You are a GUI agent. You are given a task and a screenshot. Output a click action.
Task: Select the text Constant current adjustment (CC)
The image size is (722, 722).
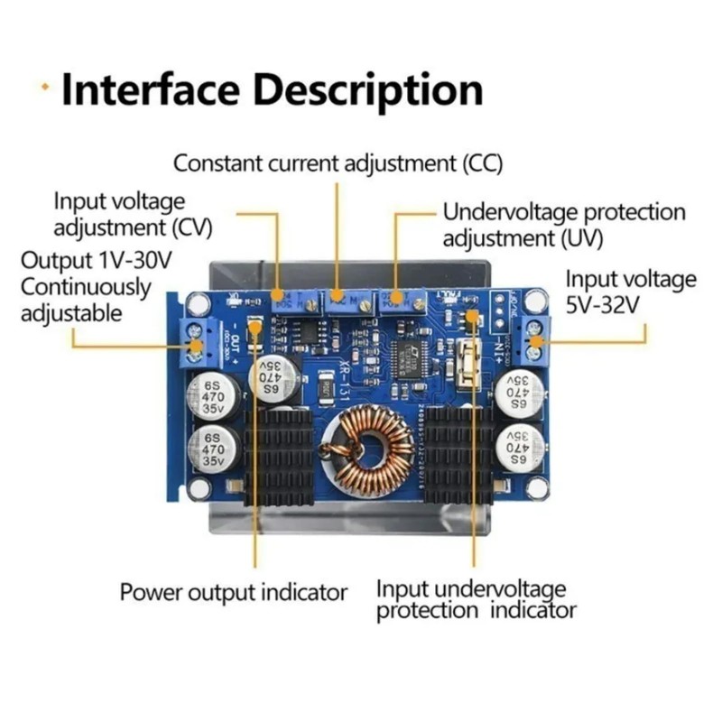tap(338, 164)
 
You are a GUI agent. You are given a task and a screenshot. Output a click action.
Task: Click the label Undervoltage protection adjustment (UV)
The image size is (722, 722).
tap(563, 226)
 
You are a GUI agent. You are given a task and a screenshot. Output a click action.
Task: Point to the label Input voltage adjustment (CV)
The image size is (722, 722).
tap(120, 213)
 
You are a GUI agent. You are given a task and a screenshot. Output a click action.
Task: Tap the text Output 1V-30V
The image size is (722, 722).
tap(97, 262)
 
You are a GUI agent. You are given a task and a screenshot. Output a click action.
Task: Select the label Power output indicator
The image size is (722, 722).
tap(234, 593)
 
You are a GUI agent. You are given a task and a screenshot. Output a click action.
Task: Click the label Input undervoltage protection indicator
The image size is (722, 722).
tap(475, 599)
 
